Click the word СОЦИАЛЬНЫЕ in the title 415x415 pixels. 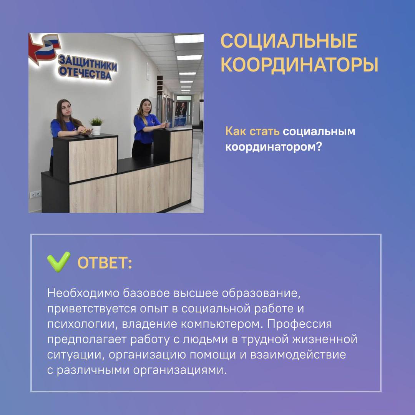click(x=289, y=41)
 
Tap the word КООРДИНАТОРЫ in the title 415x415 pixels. click(x=299, y=65)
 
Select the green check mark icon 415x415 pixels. click(x=59, y=262)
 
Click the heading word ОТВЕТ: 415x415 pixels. click(x=105, y=263)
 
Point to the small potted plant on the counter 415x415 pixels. click(x=96, y=126)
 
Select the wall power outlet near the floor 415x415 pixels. click(x=35, y=194)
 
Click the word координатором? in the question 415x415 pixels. click(x=274, y=147)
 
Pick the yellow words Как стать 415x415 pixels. click(x=252, y=131)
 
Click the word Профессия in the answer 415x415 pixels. click(x=299, y=324)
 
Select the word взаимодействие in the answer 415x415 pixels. click(x=298, y=355)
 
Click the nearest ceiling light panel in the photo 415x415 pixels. click(x=189, y=39)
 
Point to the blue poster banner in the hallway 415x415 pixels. click(x=181, y=114)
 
